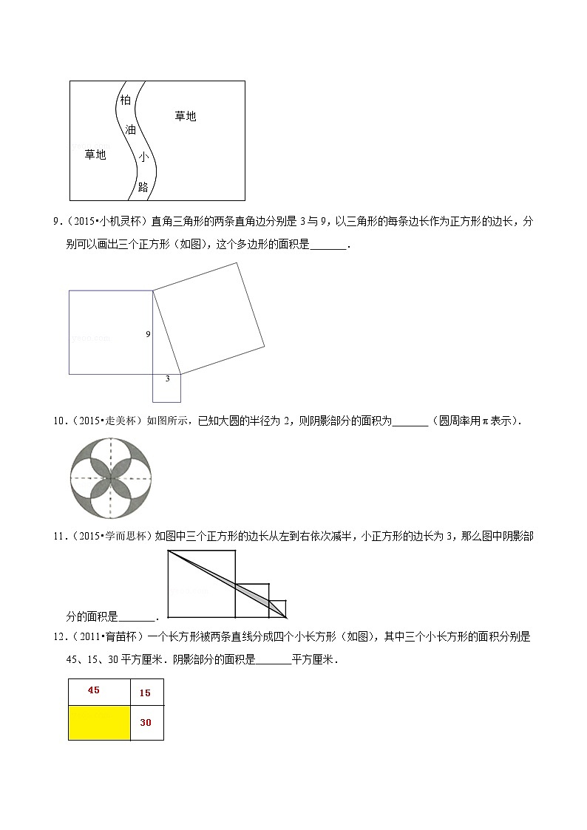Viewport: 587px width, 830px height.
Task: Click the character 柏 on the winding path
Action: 125,100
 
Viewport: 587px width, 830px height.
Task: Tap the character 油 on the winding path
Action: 131,129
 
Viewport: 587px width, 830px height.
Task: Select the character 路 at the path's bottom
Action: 143,187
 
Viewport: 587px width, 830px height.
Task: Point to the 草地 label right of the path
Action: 185,116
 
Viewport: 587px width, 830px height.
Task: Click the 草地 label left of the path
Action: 95,154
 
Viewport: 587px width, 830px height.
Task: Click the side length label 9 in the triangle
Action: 148,334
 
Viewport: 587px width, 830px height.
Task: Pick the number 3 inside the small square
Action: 167,378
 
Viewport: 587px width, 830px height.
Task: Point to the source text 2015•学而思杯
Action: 113,536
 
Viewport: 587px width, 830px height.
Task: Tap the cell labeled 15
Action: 146,693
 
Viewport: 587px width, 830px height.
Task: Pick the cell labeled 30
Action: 146,723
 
